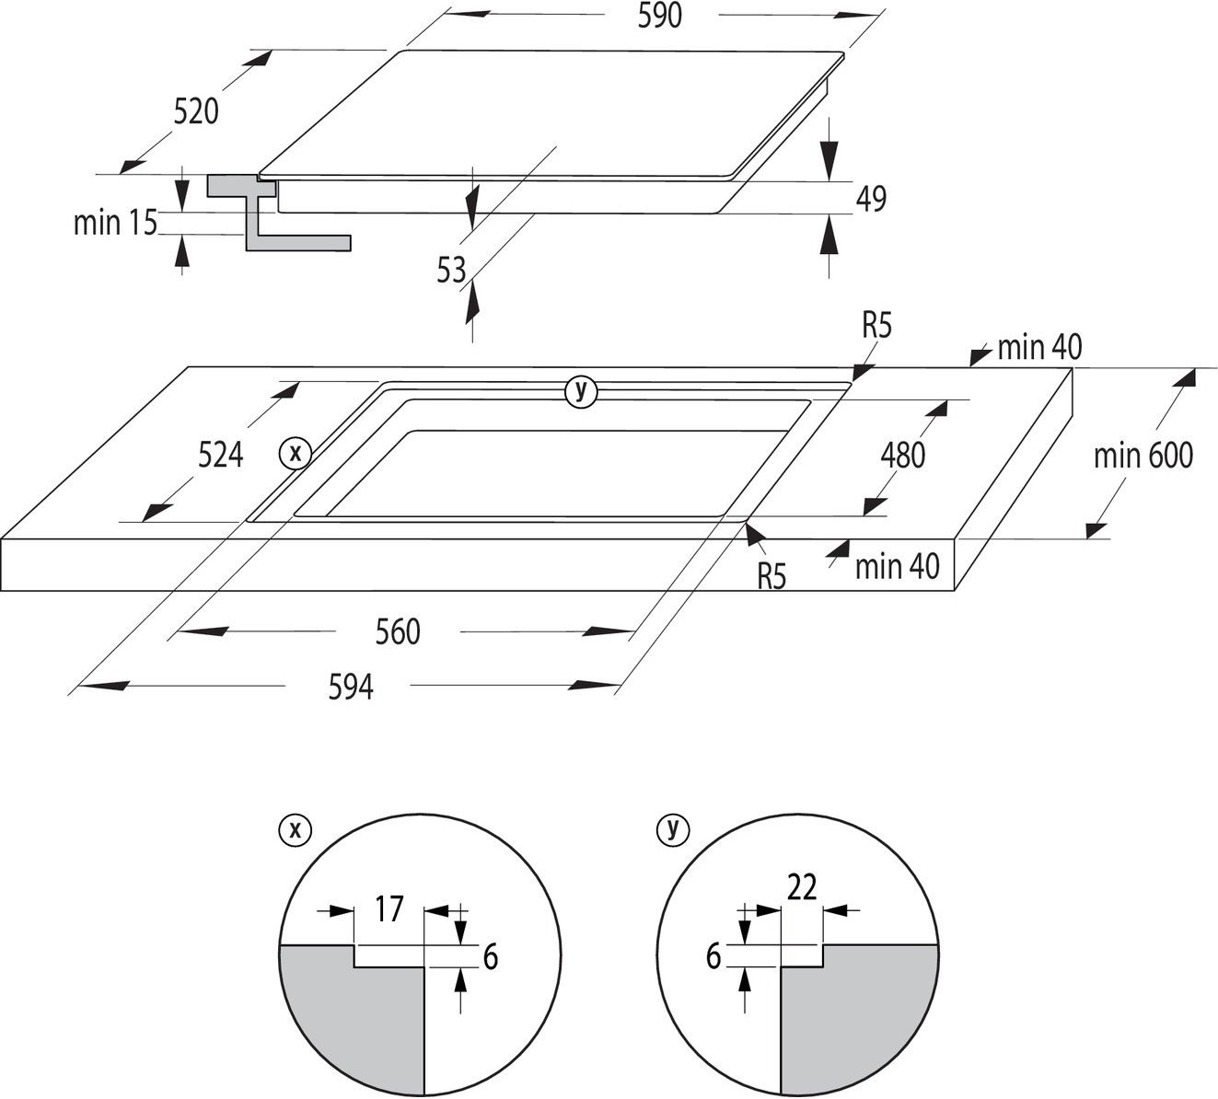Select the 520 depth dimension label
pyautogui.click(x=196, y=111)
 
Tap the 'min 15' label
pyautogui.click(x=115, y=222)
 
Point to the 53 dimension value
pyautogui.click(x=452, y=270)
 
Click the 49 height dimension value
pyautogui.click(x=870, y=199)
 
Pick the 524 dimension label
pyautogui.click(x=220, y=454)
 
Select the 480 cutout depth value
pyautogui.click(x=902, y=454)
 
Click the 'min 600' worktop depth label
pyautogui.click(x=1143, y=455)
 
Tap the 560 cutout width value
pyautogui.click(x=398, y=631)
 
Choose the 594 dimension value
pyautogui.click(x=351, y=687)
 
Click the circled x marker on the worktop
pyautogui.click(x=296, y=453)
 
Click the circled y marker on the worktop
pyautogui.click(x=580, y=391)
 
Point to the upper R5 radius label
pyautogui.click(x=876, y=325)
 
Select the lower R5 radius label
pyautogui.click(x=771, y=576)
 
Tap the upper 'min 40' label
pyautogui.click(x=1039, y=347)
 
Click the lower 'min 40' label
pyautogui.click(x=897, y=566)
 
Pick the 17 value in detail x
pyautogui.click(x=389, y=909)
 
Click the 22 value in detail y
pyautogui.click(x=802, y=887)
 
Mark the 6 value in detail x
pyautogui.click(x=490, y=957)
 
